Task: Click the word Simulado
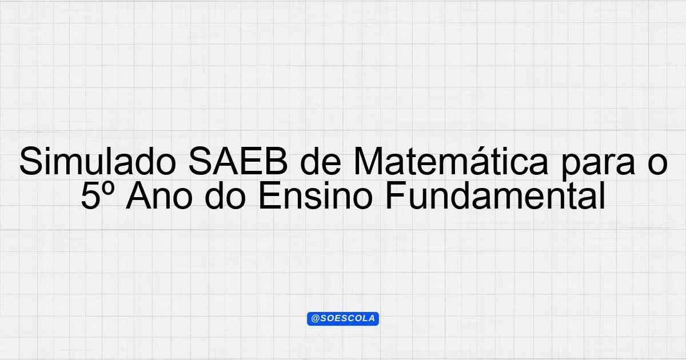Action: point(97,161)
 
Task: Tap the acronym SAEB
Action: point(238,161)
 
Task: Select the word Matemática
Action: point(450,161)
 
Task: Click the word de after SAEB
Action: point(321,161)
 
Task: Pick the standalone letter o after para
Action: point(657,165)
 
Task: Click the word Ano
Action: point(159,195)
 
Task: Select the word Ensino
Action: point(316,195)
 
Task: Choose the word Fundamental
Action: point(495,195)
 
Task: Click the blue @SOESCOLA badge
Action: point(343,319)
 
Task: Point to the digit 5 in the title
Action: point(91,196)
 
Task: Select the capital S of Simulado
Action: point(31,161)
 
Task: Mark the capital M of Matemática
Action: point(368,161)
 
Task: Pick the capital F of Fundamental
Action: point(396,195)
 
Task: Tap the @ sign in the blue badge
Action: point(316,319)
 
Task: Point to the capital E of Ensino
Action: point(270,195)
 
